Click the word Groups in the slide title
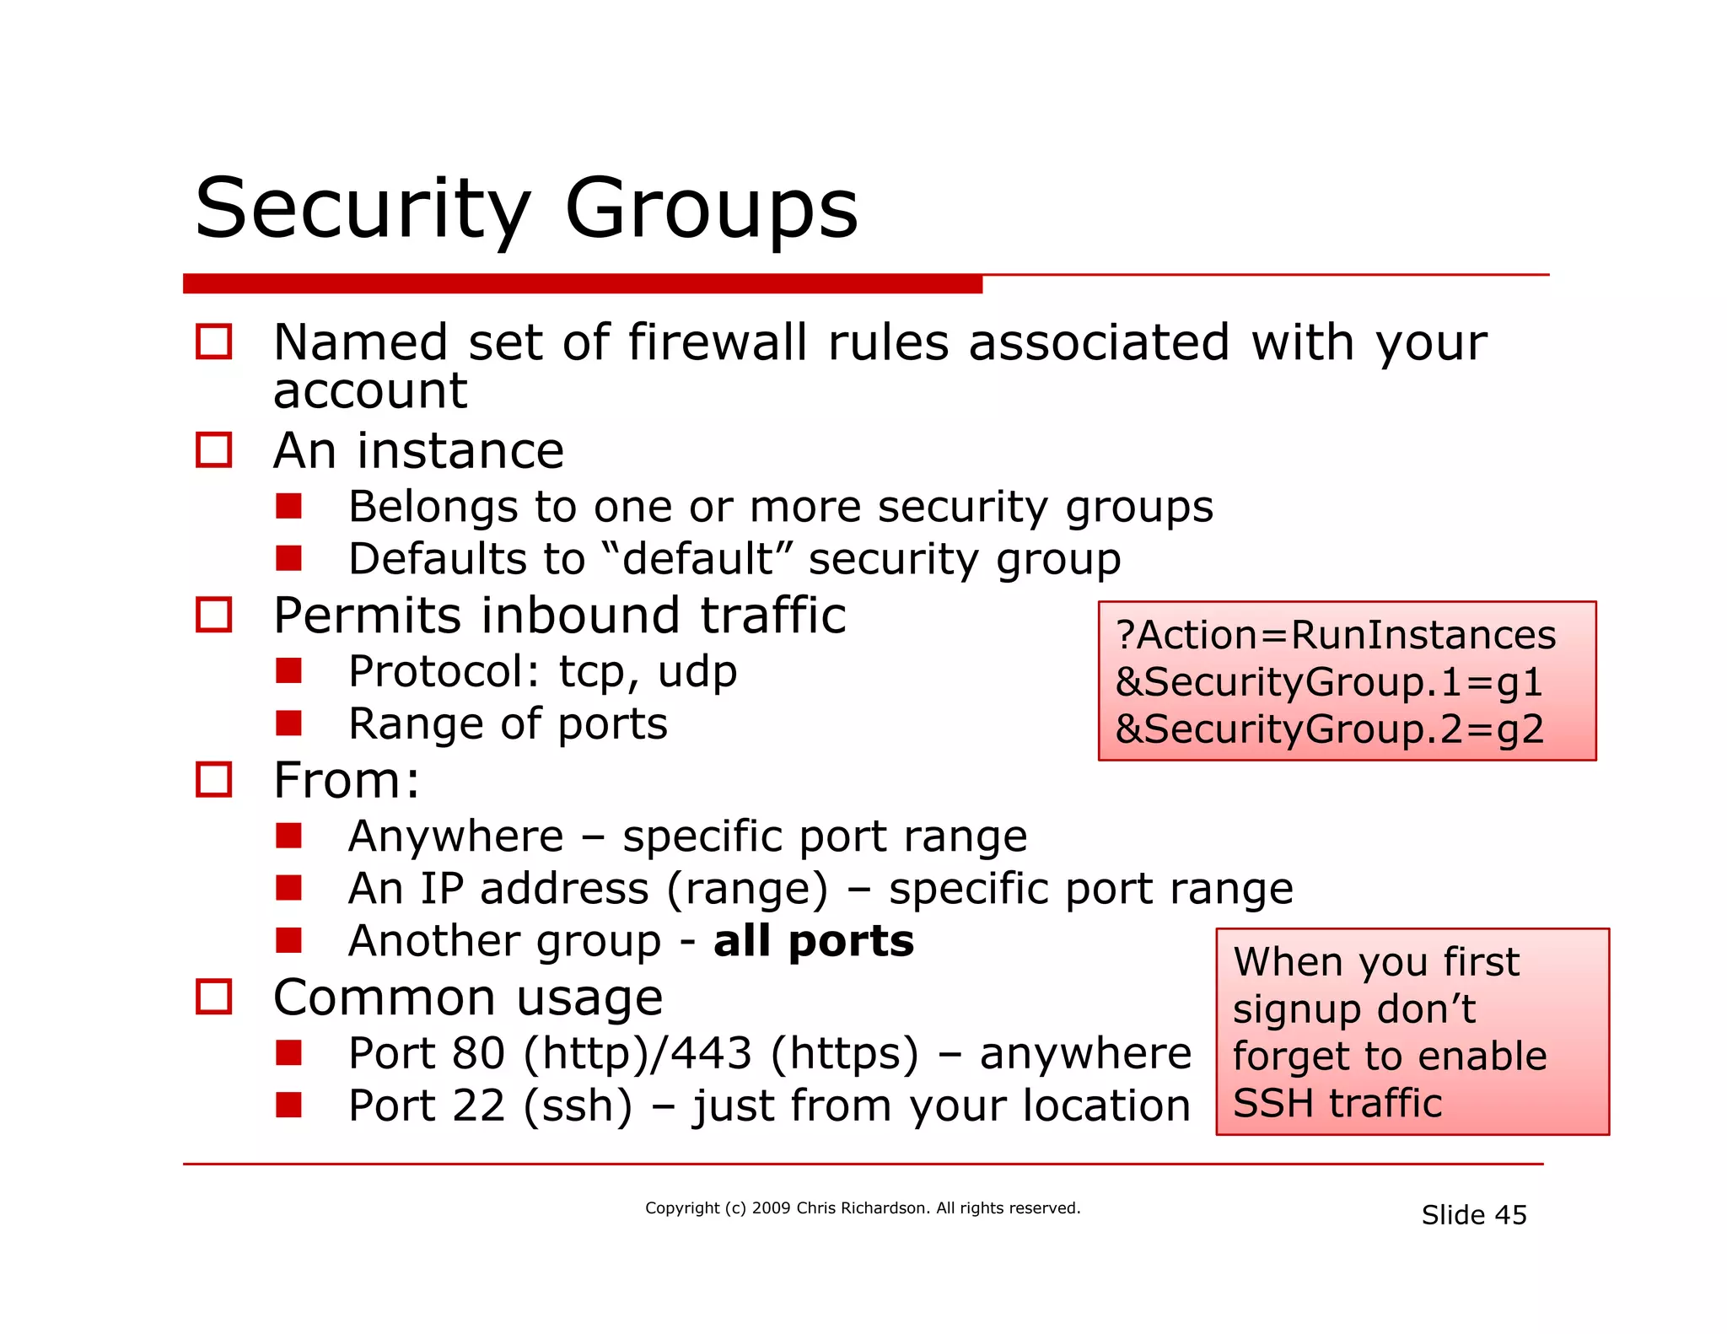(x=711, y=208)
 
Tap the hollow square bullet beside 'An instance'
(x=213, y=449)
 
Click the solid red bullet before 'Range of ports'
(x=288, y=723)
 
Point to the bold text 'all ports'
(x=813, y=941)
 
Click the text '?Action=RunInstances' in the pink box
(x=1335, y=635)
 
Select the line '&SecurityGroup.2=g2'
(x=1329, y=729)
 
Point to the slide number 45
(x=1510, y=1215)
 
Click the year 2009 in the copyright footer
(x=771, y=1208)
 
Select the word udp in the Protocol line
(x=697, y=672)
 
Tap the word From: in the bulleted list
(x=347, y=780)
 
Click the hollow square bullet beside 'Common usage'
(x=213, y=997)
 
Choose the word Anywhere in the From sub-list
(x=455, y=836)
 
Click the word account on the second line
(x=369, y=391)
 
